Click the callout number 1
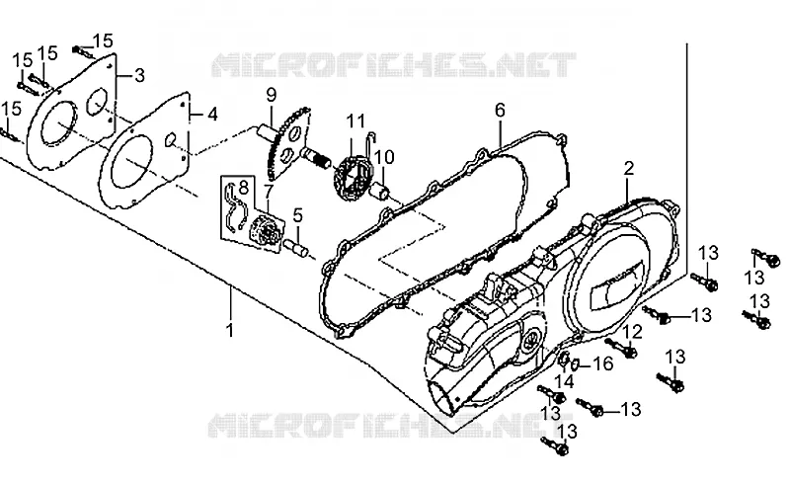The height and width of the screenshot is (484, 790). (230, 331)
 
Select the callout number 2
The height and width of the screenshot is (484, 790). (629, 168)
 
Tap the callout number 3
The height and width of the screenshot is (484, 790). (139, 76)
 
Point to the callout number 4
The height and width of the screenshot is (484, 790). (212, 115)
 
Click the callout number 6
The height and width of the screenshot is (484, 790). (500, 111)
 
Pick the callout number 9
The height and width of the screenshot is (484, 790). (272, 95)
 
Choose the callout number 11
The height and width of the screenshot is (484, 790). (355, 121)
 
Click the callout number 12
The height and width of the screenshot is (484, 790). (633, 332)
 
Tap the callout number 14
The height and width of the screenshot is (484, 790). (565, 381)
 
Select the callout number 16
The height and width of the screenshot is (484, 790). (603, 363)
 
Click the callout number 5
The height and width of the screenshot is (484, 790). (298, 215)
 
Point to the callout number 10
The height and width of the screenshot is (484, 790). (384, 157)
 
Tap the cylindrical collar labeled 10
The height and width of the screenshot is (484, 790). (381, 192)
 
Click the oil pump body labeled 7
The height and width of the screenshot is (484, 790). (266, 234)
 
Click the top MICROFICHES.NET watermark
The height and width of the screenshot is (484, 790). (393, 64)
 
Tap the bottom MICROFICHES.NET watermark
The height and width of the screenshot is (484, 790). (390, 426)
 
